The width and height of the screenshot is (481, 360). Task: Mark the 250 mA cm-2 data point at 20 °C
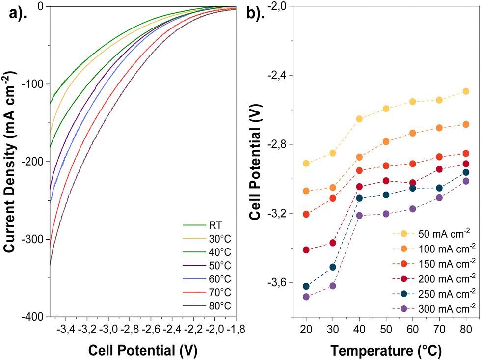(x=306, y=286)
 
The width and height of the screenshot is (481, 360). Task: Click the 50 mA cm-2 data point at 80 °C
(x=466, y=91)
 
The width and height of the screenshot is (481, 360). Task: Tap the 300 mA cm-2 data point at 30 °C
(x=333, y=286)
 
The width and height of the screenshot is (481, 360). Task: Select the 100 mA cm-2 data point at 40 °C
(x=359, y=157)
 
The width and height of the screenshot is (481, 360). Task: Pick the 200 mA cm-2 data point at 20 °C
(x=306, y=250)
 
